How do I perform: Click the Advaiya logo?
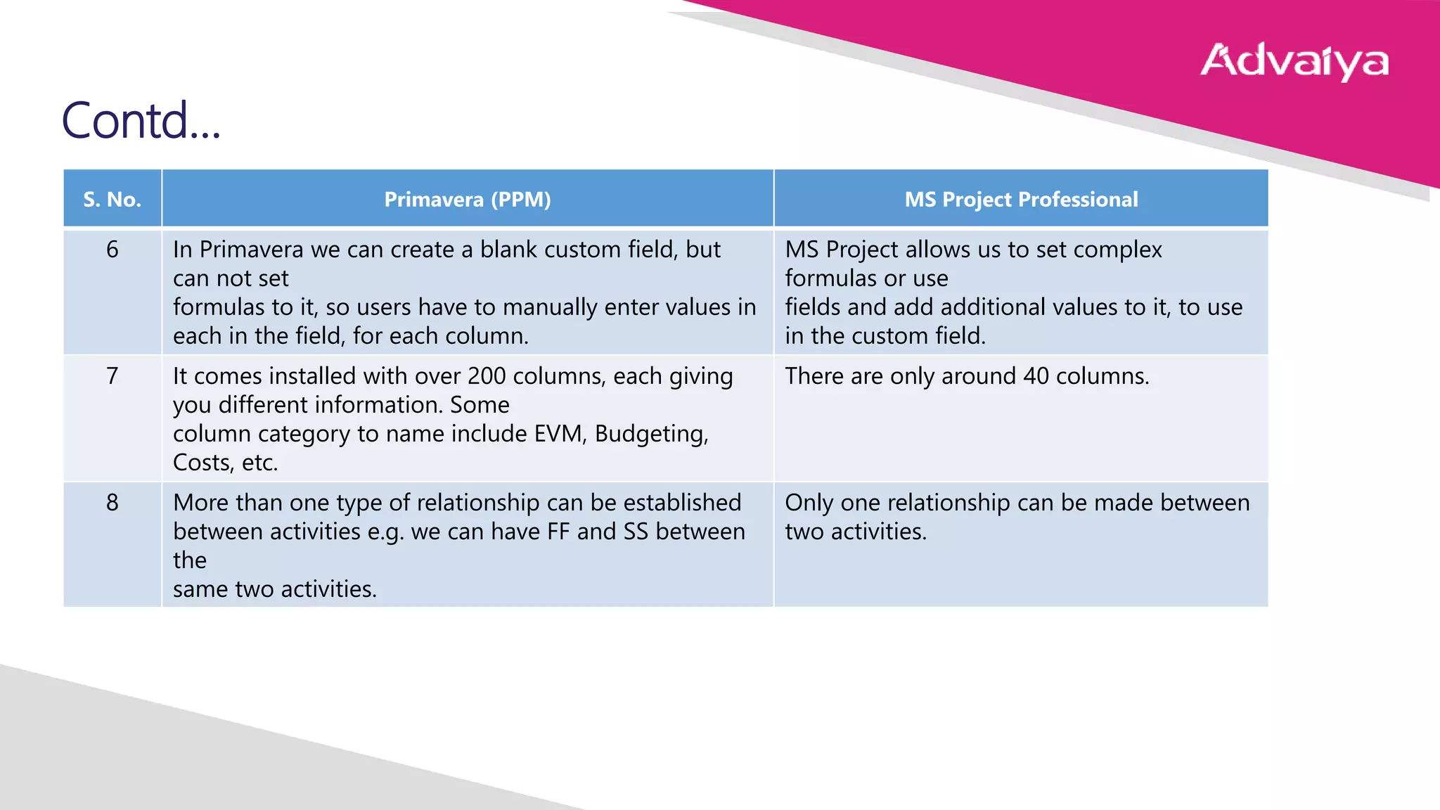[1294, 61]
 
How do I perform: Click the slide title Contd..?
[141, 120]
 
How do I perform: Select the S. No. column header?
[112, 199]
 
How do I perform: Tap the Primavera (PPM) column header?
[468, 199]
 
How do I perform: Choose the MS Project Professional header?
[1021, 199]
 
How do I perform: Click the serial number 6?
[112, 250]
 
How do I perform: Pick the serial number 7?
[112, 376]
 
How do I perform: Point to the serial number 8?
[112, 503]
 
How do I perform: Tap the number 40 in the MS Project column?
[1036, 376]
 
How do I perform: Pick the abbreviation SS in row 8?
[636, 532]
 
